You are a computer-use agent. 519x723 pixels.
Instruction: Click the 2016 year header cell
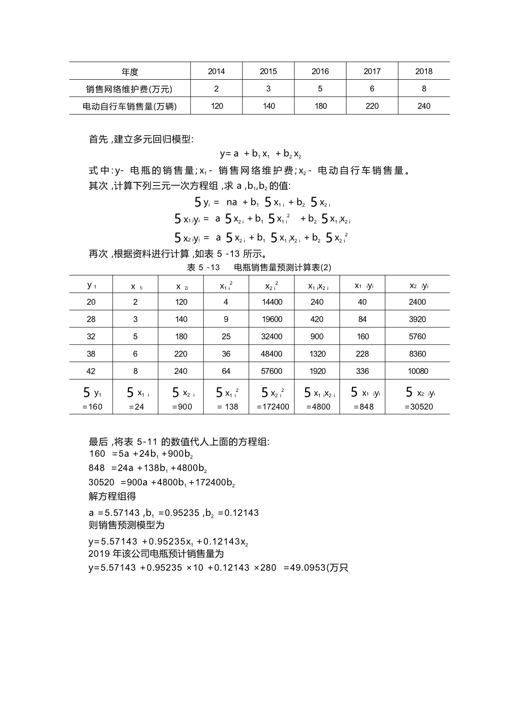click(320, 71)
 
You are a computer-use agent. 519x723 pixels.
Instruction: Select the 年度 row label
click(130, 72)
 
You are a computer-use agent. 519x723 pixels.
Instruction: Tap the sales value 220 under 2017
click(372, 106)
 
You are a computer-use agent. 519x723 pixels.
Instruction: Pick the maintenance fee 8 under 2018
click(424, 89)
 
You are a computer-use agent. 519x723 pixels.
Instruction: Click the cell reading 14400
click(272, 302)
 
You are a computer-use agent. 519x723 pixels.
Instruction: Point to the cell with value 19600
click(272, 319)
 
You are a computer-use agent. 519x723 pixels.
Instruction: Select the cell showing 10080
click(418, 371)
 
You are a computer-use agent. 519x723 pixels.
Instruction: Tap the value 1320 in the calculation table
click(317, 354)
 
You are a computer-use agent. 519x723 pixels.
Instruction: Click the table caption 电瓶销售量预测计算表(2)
click(283, 268)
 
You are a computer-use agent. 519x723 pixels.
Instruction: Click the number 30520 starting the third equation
click(102, 483)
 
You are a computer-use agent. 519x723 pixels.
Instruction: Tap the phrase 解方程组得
click(112, 497)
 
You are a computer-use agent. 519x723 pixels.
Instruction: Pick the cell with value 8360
click(417, 354)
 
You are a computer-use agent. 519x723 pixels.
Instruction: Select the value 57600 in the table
click(272, 371)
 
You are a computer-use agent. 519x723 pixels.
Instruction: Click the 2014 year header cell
click(216, 71)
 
